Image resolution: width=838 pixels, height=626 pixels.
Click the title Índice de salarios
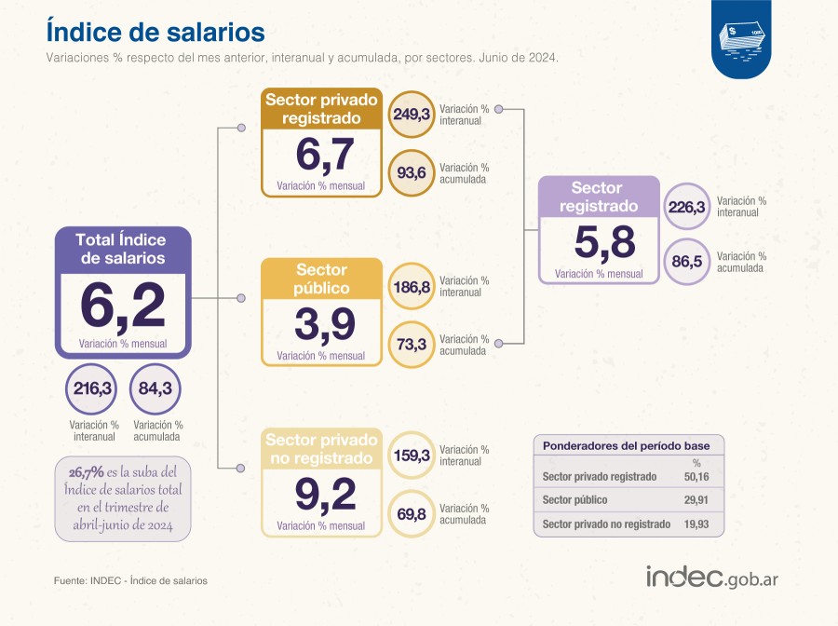tap(155, 32)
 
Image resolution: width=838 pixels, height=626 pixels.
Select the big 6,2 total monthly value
tap(123, 304)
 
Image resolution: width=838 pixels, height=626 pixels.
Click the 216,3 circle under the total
tap(93, 388)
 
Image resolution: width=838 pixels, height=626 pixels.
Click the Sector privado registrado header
tap(321, 109)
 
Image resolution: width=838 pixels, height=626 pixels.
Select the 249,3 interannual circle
tap(412, 116)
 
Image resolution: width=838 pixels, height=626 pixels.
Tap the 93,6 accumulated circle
tap(412, 172)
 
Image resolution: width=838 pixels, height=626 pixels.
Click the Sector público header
tap(321, 279)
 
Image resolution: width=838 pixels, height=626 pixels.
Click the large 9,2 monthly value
tap(325, 495)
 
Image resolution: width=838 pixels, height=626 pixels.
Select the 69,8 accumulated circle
tap(412, 513)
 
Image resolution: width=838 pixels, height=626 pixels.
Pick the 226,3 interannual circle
tap(686, 207)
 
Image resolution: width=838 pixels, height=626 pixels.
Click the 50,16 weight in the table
tap(696, 477)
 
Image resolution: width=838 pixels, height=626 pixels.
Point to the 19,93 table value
tap(696, 524)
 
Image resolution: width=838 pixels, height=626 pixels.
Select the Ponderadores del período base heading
tap(626, 446)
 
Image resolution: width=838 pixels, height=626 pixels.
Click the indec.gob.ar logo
tap(712, 576)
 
